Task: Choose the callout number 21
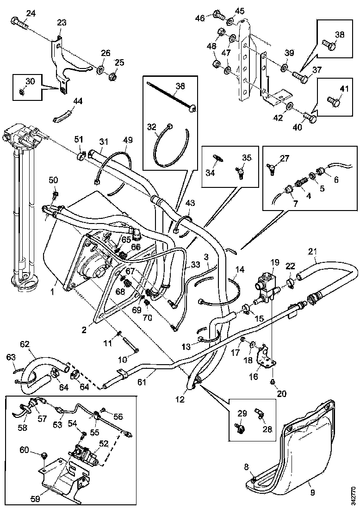313,252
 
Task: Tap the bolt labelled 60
44,456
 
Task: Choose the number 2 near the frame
84,330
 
